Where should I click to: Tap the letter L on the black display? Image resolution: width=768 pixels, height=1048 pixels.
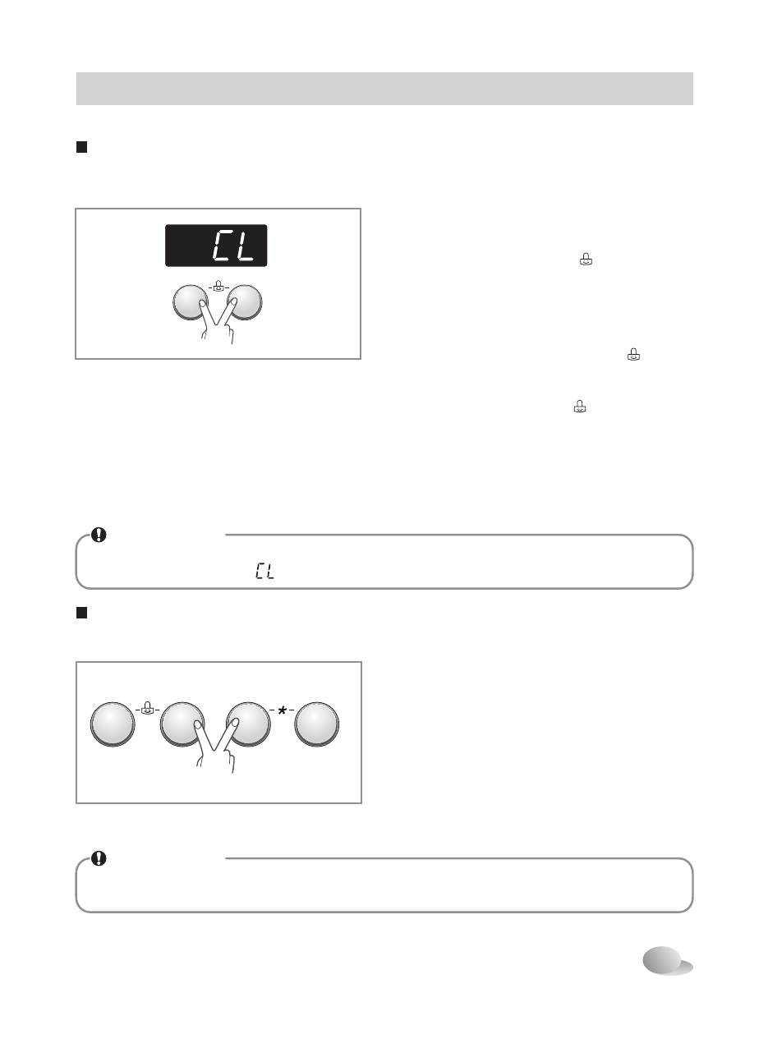point(243,245)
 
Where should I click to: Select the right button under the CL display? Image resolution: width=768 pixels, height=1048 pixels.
point(245,302)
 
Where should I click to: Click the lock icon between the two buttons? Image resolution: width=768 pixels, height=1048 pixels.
point(218,286)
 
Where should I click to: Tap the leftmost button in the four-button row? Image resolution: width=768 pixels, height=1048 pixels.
point(113,724)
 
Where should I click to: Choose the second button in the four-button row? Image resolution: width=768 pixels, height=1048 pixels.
point(182,724)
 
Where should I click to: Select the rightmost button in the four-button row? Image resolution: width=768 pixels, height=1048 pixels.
point(317,724)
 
